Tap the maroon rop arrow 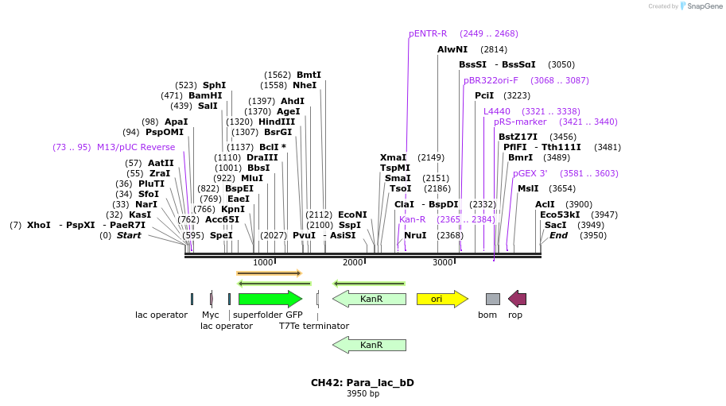(x=517, y=299)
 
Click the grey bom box (x=493, y=299)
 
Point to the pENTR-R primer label (x=428, y=33)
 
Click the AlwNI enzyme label (x=452, y=49)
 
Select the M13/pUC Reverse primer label (x=136, y=147)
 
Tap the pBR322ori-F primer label (x=491, y=80)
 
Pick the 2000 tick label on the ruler (x=352, y=262)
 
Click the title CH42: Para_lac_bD (x=363, y=382)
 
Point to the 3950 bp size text (x=363, y=393)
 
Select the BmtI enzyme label (x=309, y=75)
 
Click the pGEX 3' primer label (x=530, y=173)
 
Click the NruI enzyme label (x=415, y=235)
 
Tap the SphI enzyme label (x=214, y=85)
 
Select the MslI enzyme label (x=528, y=188)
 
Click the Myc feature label (x=210, y=315)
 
